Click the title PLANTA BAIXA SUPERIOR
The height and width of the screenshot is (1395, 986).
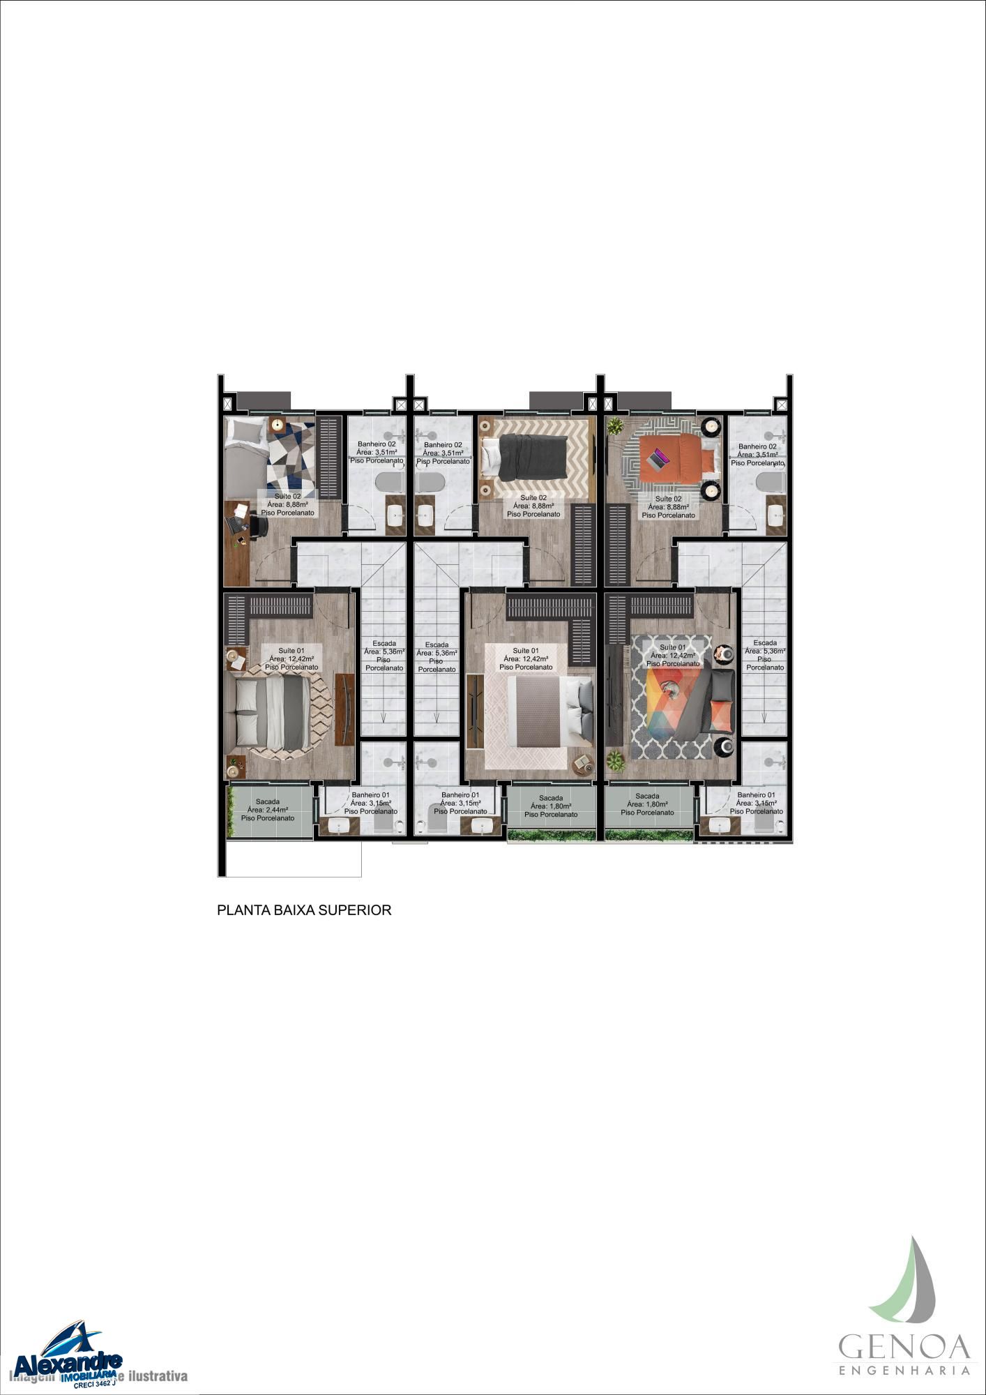point(304,910)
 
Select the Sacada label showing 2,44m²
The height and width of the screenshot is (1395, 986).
point(268,810)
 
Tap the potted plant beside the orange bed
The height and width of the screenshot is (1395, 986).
point(615,425)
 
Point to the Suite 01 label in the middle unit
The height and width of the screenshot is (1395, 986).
point(526,658)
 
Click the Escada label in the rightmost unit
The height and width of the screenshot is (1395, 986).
point(765,655)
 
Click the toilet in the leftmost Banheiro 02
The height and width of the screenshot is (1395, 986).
point(389,483)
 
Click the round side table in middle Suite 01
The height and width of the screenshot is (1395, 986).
point(582,764)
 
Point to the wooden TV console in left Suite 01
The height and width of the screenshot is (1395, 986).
point(344,709)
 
